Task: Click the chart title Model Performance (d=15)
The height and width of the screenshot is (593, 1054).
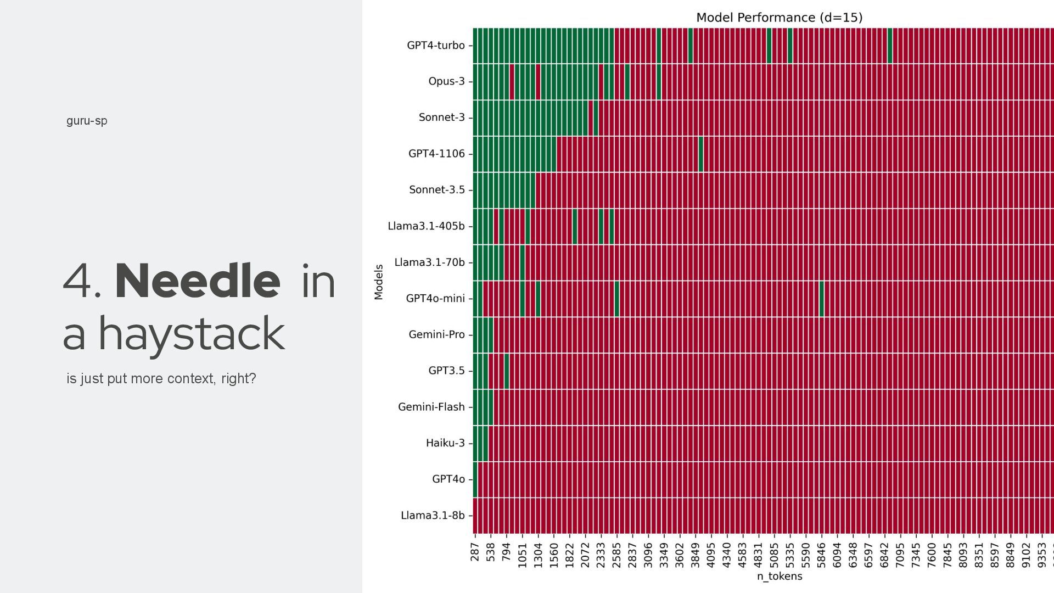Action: pyautogui.click(x=779, y=18)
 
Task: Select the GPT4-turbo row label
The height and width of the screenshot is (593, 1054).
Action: pyautogui.click(x=435, y=46)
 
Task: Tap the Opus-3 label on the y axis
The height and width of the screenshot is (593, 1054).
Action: pyautogui.click(x=446, y=81)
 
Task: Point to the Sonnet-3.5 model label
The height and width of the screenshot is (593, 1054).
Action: pyautogui.click(x=436, y=190)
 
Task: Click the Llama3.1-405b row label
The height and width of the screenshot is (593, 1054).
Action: pyautogui.click(x=426, y=226)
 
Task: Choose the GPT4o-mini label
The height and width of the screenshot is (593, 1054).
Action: pyautogui.click(x=435, y=299)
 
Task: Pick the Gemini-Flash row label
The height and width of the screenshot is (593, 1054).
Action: pyautogui.click(x=431, y=407)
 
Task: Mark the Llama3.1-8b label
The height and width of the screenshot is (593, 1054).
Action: pyautogui.click(x=432, y=516)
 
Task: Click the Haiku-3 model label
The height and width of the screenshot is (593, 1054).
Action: pyautogui.click(x=445, y=443)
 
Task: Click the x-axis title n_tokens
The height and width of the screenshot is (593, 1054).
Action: pyautogui.click(x=779, y=576)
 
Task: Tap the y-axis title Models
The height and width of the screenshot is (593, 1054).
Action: pyautogui.click(x=379, y=282)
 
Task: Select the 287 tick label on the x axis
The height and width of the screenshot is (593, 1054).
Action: pyautogui.click(x=475, y=552)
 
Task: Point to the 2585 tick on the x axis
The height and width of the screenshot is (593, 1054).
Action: pyautogui.click(x=617, y=555)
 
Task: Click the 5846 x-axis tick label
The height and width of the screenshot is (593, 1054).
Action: pyautogui.click(x=822, y=555)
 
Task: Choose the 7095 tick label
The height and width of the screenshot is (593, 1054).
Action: pyautogui.click(x=900, y=555)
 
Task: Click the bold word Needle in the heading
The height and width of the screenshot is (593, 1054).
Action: pyautogui.click(x=198, y=281)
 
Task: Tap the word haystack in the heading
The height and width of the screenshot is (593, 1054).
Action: pyautogui.click(x=192, y=334)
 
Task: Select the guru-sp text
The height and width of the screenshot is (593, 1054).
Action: pyautogui.click(x=87, y=121)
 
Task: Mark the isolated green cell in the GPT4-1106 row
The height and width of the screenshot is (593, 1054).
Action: pyautogui.click(x=701, y=154)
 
